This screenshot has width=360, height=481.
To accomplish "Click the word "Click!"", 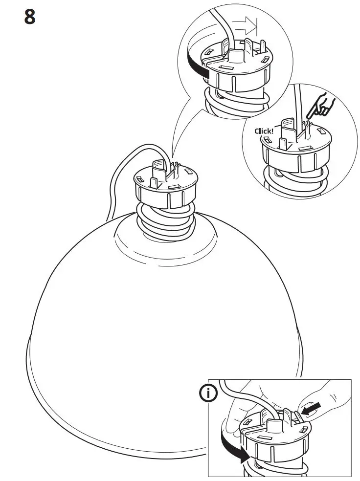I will click(265, 131).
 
